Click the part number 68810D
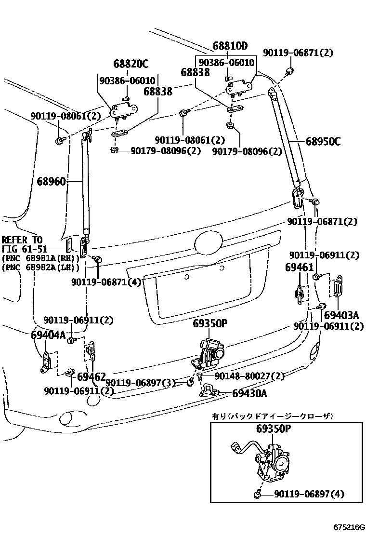click(x=230, y=46)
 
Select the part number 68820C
click(x=131, y=64)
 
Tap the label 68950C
click(x=323, y=142)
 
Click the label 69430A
click(x=249, y=393)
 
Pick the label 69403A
click(x=341, y=315)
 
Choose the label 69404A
click(x=48, y=335)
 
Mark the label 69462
click(x=91, y=376)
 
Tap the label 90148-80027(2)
click(x=248, y=376)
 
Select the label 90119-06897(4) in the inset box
click(x=309, y=495)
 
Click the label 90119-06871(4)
click(x=106, y=282)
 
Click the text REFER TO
click(x=22, y=240)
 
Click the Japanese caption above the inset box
click(x=273, y=416)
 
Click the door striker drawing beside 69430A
click(x=211, y=389)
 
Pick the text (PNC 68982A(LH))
click(x=40, y=267)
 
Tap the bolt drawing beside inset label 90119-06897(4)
click(x=259, y=495)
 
